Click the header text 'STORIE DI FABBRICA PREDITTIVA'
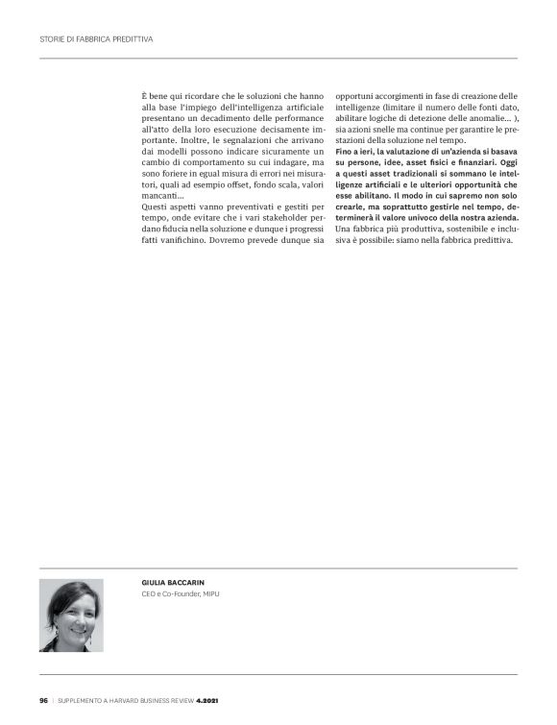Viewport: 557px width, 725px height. (96, 39)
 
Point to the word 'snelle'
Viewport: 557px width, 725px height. (384, 138)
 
